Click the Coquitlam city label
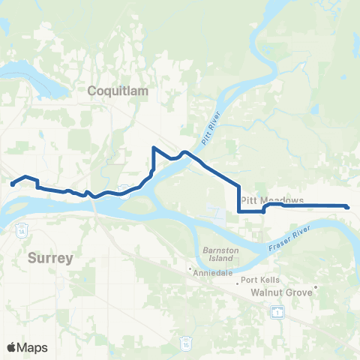tap(119, 91)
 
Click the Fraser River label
tap(289, 241)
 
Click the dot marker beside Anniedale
tap(190, 268)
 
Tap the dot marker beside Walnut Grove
tap(317, 286)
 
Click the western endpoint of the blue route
tap(12, 184)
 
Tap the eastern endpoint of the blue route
tap(348, 207)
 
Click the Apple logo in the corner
tap(11, 347)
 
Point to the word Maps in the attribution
tap(33, 347)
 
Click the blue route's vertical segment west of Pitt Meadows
tap(239, 199)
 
